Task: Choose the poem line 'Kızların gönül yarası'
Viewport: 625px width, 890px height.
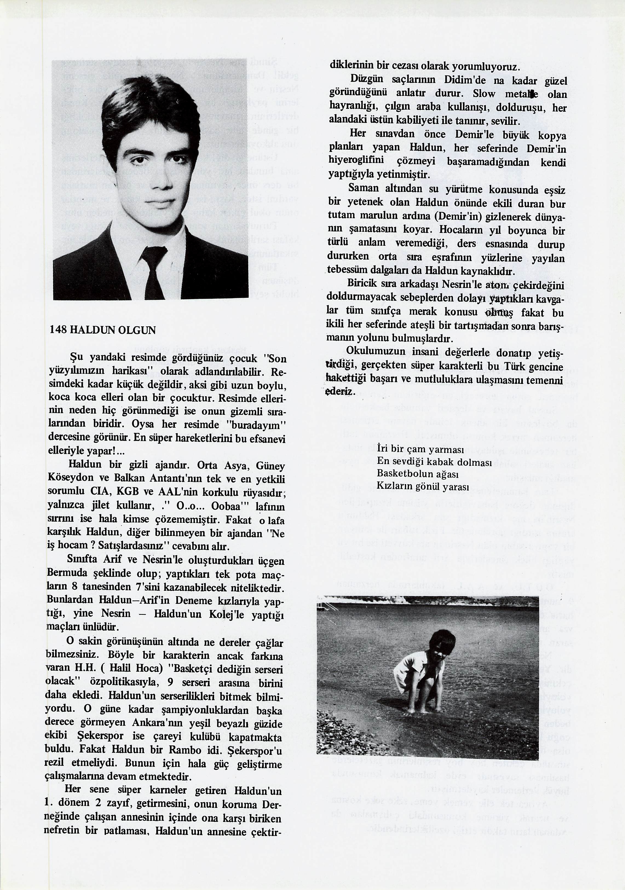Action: pyautogui.click(x=423, y=486)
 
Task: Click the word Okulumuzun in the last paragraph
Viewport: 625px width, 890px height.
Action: pyautogui.click(x=370, y=351)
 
